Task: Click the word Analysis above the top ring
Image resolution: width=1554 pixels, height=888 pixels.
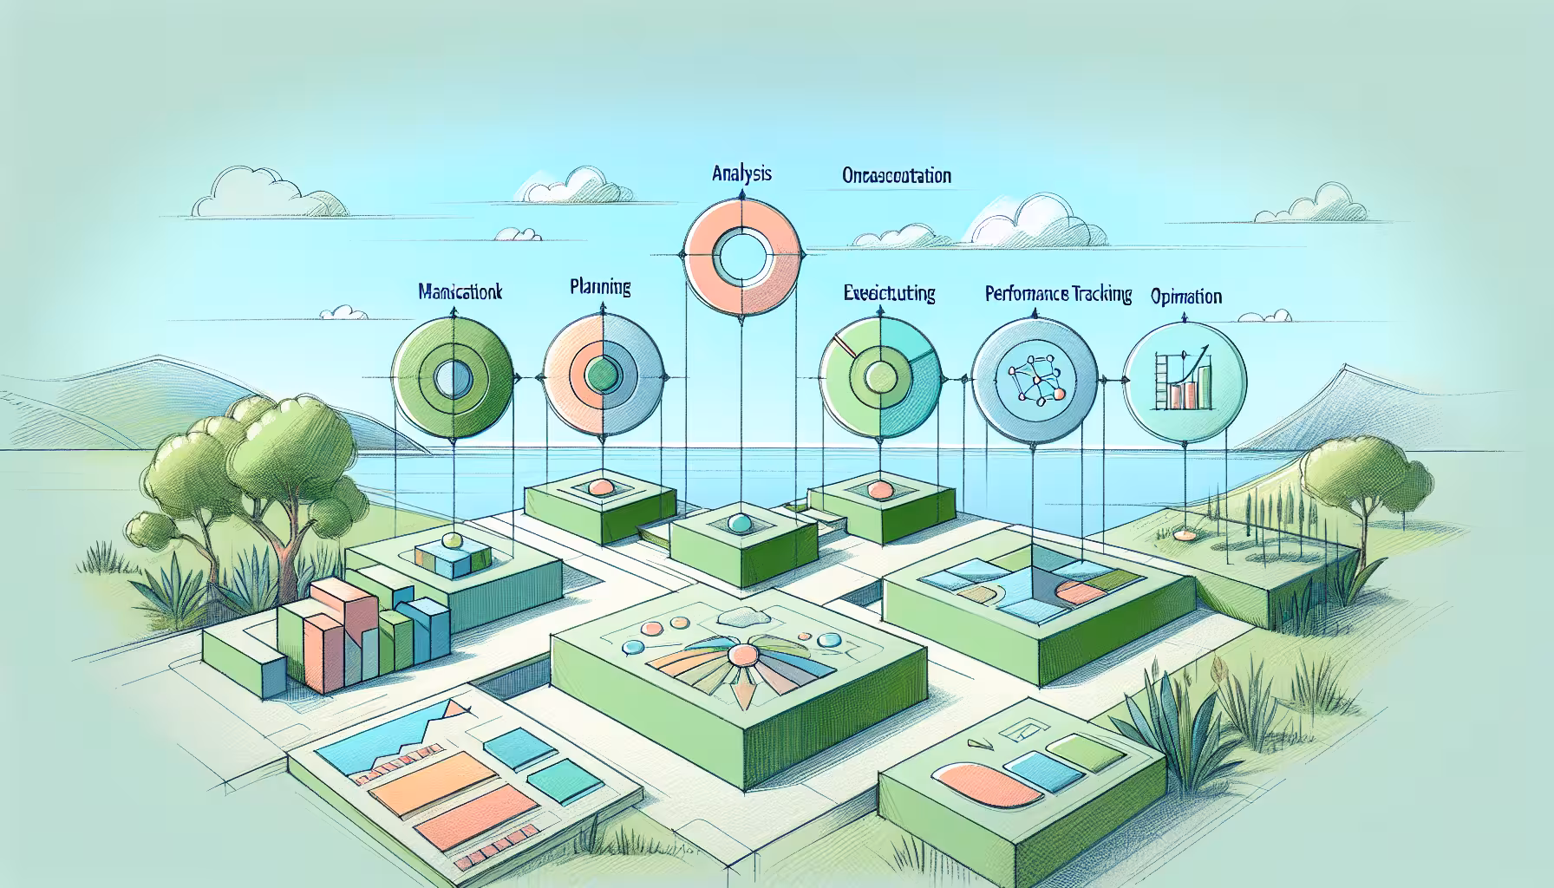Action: [741, 174]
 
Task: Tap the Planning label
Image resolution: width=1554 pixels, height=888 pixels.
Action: [600, 287]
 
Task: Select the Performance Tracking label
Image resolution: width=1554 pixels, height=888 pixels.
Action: [1058, 295]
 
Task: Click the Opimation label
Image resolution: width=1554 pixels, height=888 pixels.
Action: [1186, 297]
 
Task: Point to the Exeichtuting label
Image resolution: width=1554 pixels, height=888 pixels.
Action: [889, 294]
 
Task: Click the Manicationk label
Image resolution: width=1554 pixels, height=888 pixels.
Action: [460, 292]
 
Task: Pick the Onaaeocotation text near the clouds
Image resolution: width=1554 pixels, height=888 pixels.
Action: [896, 176]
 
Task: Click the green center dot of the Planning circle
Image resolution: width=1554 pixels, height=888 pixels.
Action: [599, 376]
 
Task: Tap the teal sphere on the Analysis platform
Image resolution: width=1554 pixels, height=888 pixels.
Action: [739, 523]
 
